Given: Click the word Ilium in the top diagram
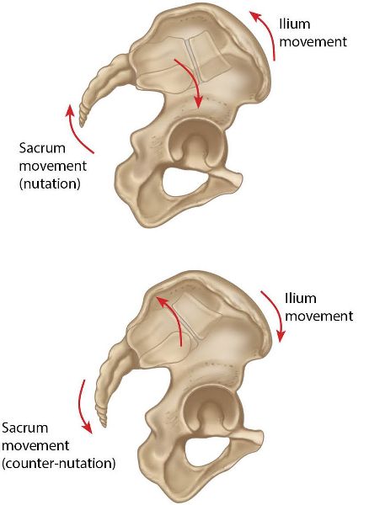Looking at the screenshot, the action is (295, 24).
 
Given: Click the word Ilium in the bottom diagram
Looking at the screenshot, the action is (301, 298).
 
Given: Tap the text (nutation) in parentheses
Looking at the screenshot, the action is (50, 184).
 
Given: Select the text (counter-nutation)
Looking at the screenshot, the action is (59, 464).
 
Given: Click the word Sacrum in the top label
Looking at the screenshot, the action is (42, 148).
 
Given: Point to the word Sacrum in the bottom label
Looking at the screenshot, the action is (24, 428).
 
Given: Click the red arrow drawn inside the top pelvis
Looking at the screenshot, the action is (192, 80).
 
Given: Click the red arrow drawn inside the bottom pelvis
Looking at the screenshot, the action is (174, 319).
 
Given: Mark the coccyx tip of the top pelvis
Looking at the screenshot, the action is (82, 126).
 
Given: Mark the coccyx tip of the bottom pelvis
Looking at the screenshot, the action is (104, 427).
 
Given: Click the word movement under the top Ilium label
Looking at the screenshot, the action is (313, 42).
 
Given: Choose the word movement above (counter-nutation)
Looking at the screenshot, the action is (35, 446).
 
